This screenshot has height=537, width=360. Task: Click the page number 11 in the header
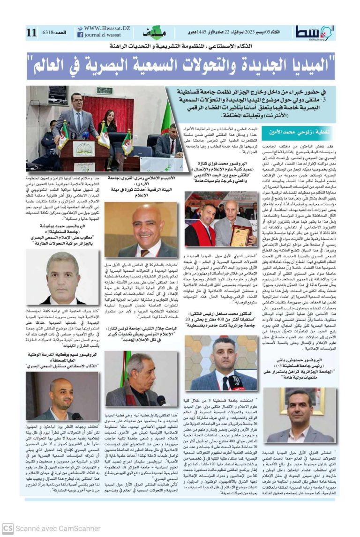coord(32,32)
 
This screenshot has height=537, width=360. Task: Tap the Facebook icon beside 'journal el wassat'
coord(81,35)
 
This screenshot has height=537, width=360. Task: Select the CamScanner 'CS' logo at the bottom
coord(7,528)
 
